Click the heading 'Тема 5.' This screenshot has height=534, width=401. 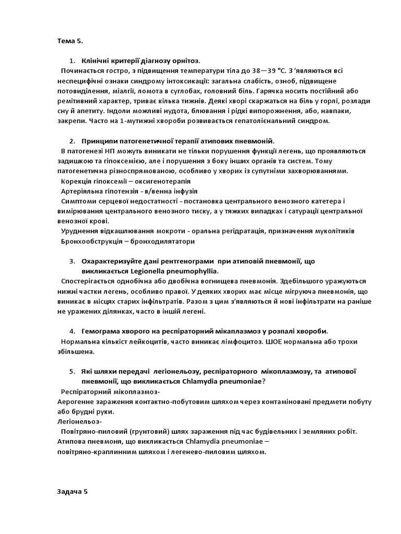point(69,41)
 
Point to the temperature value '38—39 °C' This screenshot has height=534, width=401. point(269,71)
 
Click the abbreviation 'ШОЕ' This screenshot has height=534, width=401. point(270,342)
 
